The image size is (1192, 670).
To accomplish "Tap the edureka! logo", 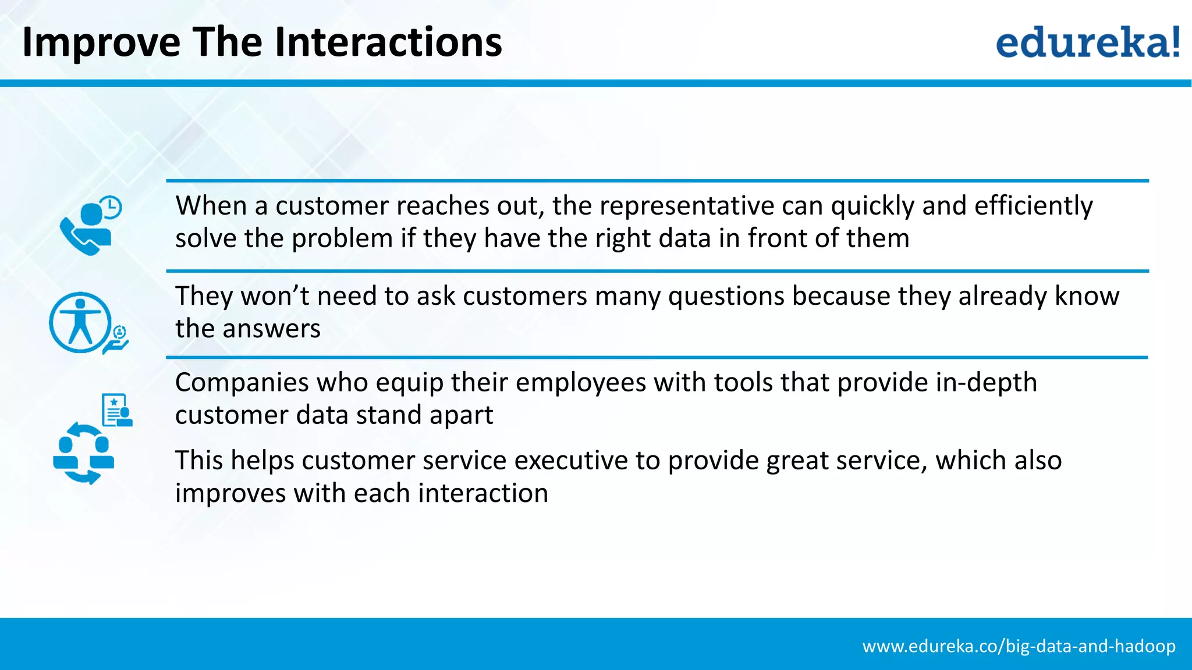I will [1087, 42].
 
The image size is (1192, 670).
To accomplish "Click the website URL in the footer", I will [1019, 646].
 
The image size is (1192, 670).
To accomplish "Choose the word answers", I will [271, 329].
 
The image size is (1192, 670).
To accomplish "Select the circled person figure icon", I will [80, 323].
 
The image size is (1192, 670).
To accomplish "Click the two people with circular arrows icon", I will [84, 454].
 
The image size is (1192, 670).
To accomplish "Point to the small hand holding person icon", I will [117, 340].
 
